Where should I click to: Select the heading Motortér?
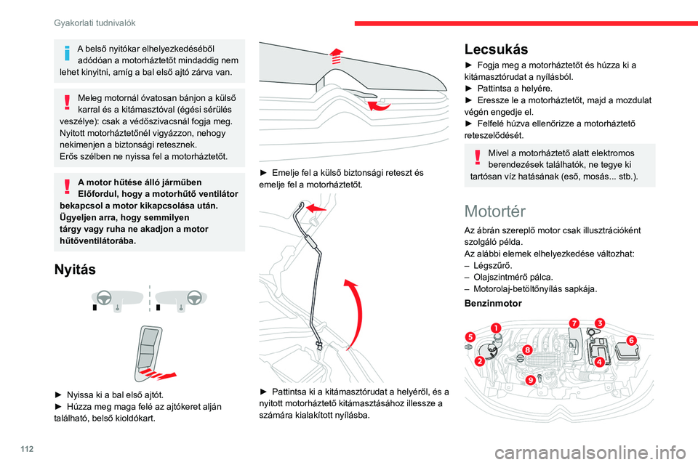click(494, 211)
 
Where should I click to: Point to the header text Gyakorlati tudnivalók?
click(95, 23)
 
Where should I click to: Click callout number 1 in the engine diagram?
click(496, 328)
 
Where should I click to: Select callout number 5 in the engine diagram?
click(470, 337)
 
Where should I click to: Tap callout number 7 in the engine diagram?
click(574, 323)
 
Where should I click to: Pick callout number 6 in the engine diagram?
click(630, 339)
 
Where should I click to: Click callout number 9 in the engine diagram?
click(531, 379)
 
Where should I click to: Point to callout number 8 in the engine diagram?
click(526, 349)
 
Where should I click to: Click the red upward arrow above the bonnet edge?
click(335, 53)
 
